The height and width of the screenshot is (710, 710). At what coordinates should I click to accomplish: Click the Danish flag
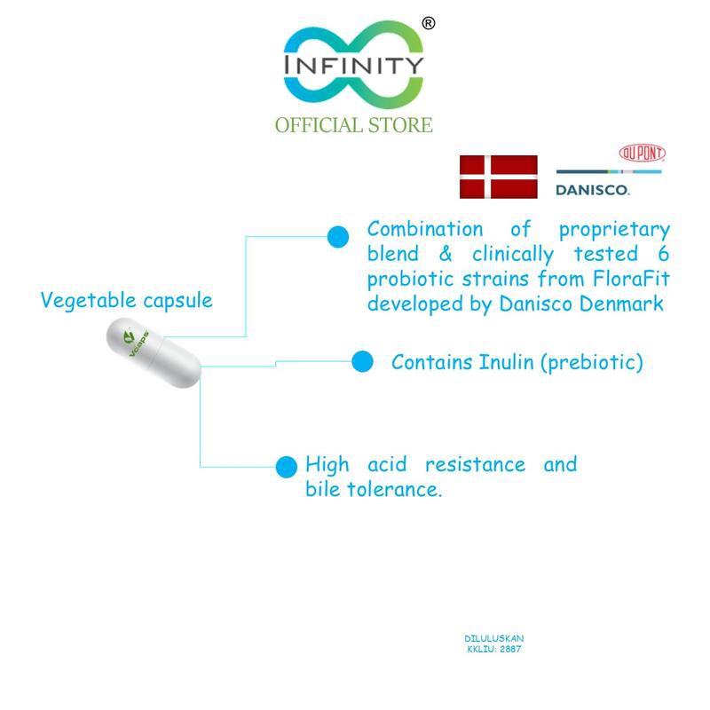[x=498, y=177]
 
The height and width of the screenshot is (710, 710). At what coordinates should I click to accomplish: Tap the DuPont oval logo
[x=642, y=154]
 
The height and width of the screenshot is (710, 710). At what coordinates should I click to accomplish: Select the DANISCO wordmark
[x=592, y=189]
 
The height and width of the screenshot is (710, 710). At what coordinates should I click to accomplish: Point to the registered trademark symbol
[x=429, y=25]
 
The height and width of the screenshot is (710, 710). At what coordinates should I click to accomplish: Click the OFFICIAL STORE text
[x=353, y=125]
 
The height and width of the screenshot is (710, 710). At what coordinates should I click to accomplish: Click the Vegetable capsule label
[x=127, y=300]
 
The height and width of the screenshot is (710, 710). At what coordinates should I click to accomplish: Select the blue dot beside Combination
[x=337, y=236]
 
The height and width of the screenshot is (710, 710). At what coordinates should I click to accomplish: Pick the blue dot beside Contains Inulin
[x=362, y=361]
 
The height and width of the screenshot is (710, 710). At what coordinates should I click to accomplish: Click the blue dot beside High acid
[x=286, y=467]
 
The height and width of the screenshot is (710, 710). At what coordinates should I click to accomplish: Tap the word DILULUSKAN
[x=494, y=638]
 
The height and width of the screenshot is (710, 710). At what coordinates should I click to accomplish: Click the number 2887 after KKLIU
[x=509, y=649]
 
